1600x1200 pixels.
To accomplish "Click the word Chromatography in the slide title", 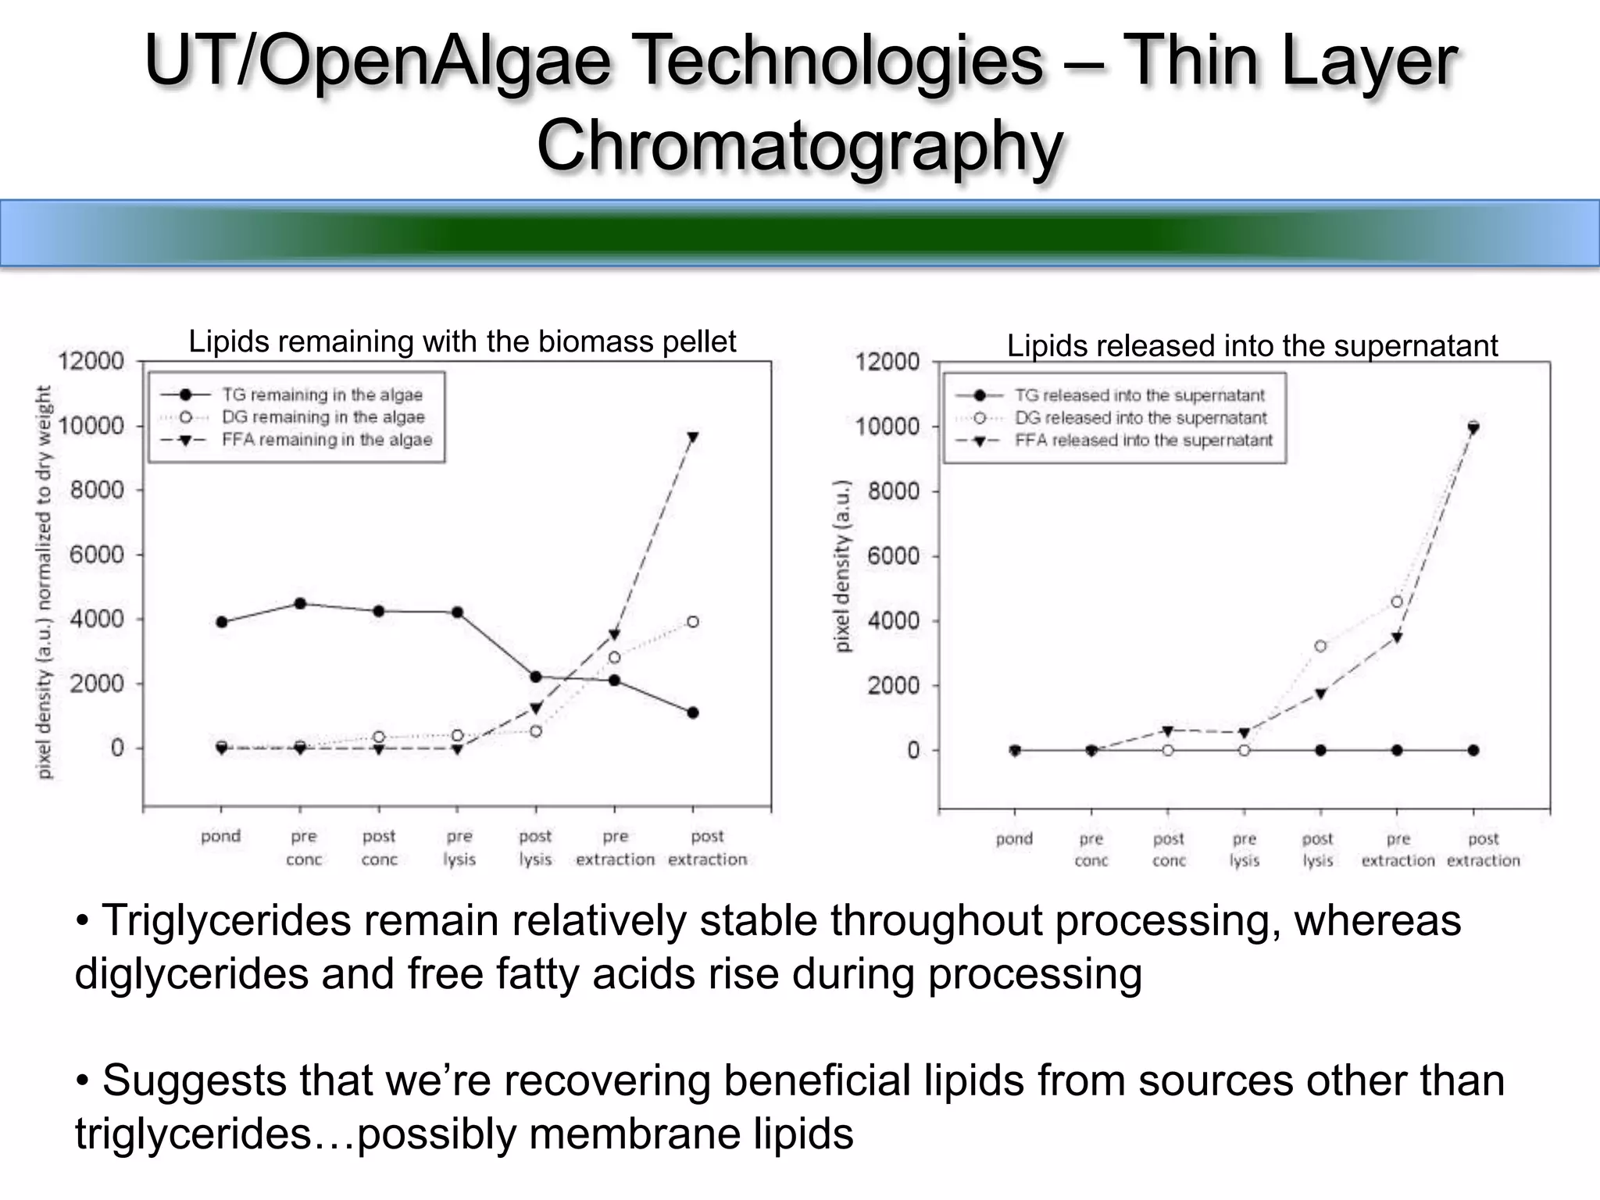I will tap(799, 145).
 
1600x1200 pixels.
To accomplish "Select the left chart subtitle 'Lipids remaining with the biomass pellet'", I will tap(462, 341).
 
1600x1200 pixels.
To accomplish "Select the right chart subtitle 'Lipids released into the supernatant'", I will tap(1252, 345).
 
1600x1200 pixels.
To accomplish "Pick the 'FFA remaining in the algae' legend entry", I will tap(327, 440).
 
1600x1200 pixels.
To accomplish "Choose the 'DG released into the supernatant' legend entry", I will tap(1141, 418).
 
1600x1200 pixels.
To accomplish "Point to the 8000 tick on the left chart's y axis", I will tap(97, 490).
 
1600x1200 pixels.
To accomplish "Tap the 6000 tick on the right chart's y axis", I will tap(894, 556).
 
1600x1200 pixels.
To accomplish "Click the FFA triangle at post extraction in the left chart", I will tap(693, 437).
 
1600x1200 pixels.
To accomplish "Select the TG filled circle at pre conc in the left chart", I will tap(300, 603).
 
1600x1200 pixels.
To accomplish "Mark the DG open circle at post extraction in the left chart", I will tap(693, 622).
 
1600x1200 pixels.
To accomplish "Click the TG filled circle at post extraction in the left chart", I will tap(693, 712).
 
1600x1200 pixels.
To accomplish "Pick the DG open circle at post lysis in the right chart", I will tap(1320, 646).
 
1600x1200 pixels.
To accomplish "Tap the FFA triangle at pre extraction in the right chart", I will tap(1397, 637).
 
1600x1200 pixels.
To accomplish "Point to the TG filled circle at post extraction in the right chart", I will tap(1473, 750).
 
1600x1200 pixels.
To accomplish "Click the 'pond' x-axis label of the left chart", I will tap(220, 836).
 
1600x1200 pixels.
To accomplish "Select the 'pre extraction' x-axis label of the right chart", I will tap(1398, 849).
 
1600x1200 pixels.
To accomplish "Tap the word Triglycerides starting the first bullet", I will tap(227, 920).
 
